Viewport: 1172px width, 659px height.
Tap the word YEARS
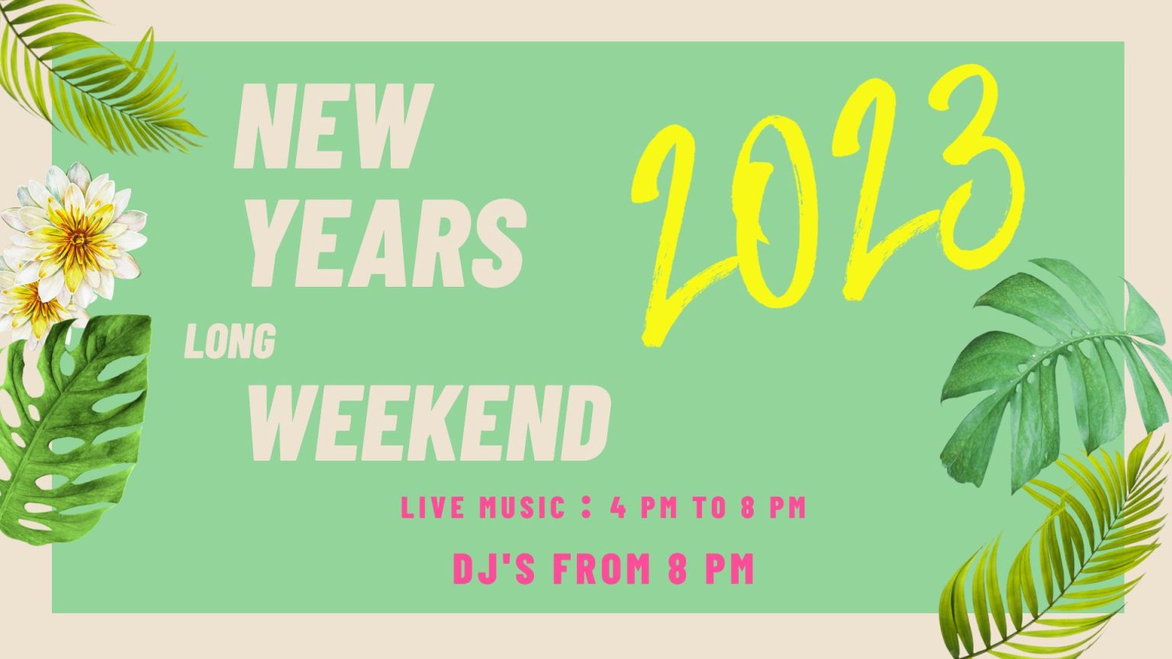pos(388,243)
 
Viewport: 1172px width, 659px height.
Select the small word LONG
pos(230,341)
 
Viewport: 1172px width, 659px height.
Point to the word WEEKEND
pos(429,423)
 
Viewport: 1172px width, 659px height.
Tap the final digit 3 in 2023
pos(976,172)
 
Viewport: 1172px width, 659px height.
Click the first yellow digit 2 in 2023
pos(680,236)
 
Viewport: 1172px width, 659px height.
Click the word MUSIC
pos(522,508)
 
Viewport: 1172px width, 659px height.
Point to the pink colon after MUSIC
pos(586,508)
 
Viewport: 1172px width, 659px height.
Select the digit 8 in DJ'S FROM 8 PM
pos(677,568)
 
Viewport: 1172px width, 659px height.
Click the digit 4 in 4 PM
pos(618,508)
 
